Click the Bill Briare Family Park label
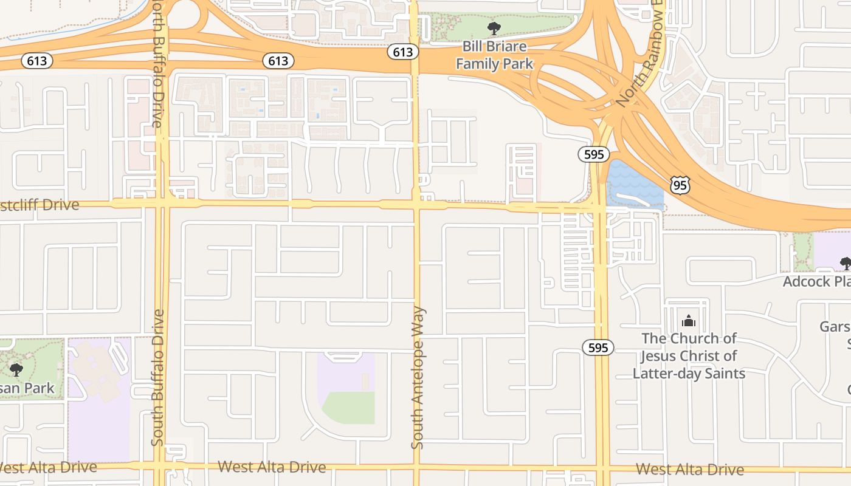click(x=494, y=55)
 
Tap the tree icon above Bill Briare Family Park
click(x=494, y=28)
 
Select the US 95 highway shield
click(x=680, y=185)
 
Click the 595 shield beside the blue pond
click(x=593, y=154)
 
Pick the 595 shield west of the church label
click(x=598, y=347)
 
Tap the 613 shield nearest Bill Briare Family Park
click(x=402, y=52)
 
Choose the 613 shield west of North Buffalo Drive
click(x=37, y=61)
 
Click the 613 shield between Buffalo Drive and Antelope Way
click(x=278, y=61)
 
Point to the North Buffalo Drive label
click(x=157, y=64)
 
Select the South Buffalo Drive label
click(x=158, y=377)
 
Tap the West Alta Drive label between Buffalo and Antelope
click(x=272, y=467)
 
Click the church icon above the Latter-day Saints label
click(x=689, y=320)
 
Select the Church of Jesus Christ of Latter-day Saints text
click(x=689, y=355)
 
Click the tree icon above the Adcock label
click(x=845, y=263)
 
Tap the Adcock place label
click(x=816, y=281)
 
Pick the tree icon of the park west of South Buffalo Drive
click(x=16, y=369)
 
